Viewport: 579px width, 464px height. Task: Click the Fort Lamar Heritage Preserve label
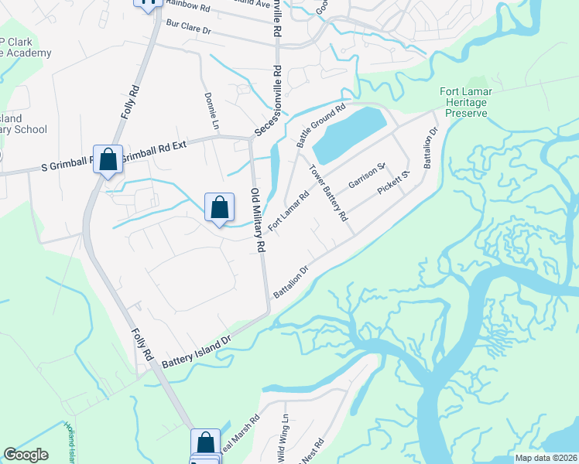coord(464,102)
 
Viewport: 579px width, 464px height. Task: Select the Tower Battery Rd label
coord(329,193)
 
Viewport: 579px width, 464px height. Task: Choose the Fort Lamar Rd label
coord(288,210)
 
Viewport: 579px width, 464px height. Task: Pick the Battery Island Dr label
coord(197,346)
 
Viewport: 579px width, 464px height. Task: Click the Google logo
coord(26,455)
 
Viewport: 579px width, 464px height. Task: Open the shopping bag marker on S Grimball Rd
coord(108,160)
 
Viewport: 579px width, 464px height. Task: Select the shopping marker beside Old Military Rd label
coord(220,207)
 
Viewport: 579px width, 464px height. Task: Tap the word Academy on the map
coord(28,53)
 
